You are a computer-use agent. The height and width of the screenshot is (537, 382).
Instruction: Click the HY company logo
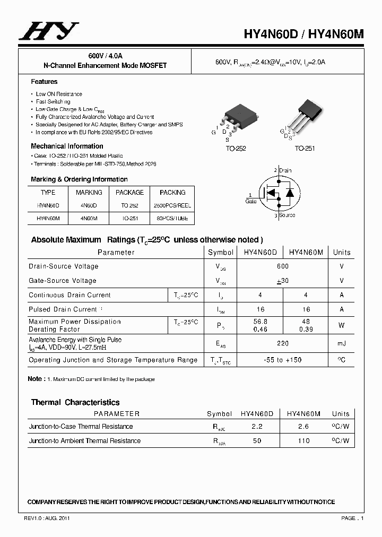tap(48, 31)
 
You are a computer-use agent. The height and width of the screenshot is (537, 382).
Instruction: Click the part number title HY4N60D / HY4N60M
tap(304, 33)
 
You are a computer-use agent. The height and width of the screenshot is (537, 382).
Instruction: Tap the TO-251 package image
tap(308, 114)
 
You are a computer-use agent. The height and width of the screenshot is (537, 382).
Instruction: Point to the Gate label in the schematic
tap(251, 201)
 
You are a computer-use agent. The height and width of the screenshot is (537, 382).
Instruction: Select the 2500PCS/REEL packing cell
tap(172, 205)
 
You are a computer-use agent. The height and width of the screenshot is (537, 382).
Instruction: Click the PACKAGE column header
tap(129, 193)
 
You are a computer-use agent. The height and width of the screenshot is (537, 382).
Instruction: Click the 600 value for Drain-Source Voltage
tap(283, 266)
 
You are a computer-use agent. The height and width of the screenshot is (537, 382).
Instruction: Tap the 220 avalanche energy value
tap(283, 344)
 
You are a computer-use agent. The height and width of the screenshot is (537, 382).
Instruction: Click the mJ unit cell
tap(341, 344)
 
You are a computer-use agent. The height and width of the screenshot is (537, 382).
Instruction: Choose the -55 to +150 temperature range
tap(283, 360)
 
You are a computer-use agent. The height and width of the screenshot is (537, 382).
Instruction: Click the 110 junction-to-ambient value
tap(304, 441)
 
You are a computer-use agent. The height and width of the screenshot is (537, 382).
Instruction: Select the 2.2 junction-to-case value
tap(257, 427)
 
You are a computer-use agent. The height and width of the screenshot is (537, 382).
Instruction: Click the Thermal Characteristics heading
tap(75, 402)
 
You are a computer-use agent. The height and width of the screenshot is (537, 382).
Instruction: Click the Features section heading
tap(44, 82)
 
